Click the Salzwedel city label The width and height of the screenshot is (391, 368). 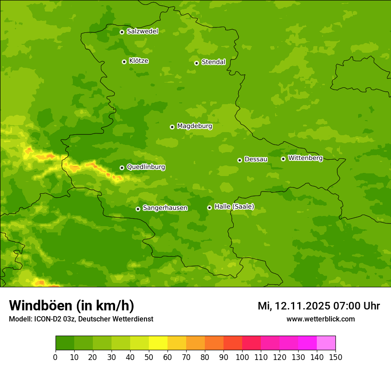point(142,31)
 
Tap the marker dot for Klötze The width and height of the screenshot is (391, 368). point(124,62)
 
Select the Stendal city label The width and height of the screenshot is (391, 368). point(213,62)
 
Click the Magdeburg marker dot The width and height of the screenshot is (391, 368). point(172,127)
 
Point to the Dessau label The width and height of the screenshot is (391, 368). point(256,159)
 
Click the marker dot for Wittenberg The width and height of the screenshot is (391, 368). point(283,159)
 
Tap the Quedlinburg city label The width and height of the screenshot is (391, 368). point(146,167)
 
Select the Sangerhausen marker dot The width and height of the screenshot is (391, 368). point(138,209)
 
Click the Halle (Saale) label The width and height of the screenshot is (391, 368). point(234,207)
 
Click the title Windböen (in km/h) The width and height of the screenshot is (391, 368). point(71,305)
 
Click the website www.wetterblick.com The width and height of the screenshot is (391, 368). point(320,319)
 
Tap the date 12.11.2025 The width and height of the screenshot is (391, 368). point(302,306)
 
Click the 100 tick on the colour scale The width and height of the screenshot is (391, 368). point(242,357)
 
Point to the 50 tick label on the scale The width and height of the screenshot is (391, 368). point(149,357)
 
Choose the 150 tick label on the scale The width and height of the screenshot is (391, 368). point(335,357)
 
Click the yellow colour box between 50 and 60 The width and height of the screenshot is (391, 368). point(158,343)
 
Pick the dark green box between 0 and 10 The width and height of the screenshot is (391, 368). point(65,343)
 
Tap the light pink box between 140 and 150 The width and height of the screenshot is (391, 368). point(326,343)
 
